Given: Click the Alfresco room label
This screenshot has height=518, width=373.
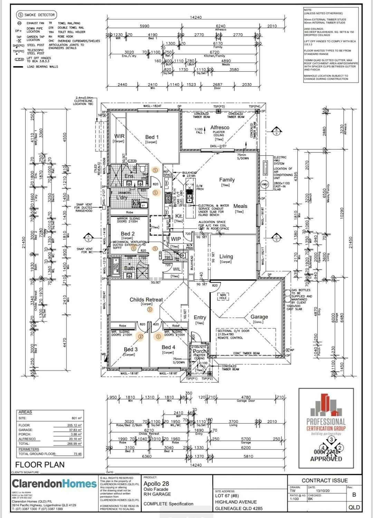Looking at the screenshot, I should (220, 127).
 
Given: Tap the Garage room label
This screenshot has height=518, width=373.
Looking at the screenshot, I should (259, 317).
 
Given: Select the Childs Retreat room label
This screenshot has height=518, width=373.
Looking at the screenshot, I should (146, 300).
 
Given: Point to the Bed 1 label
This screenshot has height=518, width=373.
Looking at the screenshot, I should (152, 137).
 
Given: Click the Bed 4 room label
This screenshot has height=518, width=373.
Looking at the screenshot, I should (169, 347).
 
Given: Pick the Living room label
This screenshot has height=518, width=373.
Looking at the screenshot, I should (226, 257).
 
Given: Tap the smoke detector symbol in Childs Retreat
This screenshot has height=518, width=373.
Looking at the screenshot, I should (150, 309).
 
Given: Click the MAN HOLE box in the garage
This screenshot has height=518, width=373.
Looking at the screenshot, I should (223, 296).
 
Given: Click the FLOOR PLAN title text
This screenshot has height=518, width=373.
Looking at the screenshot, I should (40, 464).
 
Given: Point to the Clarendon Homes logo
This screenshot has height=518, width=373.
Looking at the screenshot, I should (54, 483).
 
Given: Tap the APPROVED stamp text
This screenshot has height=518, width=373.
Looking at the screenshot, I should (326, 459).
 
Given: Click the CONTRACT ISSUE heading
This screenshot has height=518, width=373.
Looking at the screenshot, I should (325, 480).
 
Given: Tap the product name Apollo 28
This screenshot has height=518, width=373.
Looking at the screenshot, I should (156, 483).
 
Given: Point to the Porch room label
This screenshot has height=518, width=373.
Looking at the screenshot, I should (200, 351).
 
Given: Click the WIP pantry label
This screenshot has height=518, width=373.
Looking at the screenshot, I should (176, 239).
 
